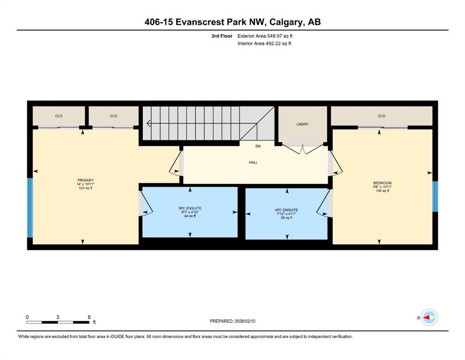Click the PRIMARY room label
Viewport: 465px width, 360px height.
(x=85, y=180)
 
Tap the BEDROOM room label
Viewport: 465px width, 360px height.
(x=382, y=183)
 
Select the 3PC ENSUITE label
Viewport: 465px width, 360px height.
(x=190, y=208)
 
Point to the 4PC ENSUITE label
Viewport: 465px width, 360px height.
(x=287, y=210)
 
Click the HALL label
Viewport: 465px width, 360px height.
(x=253, y=162)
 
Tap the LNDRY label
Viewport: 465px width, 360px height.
(x=303, y=124)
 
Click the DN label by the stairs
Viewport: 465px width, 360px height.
(x=258, y=146)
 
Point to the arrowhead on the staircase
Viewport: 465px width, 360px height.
(x=148, y=123)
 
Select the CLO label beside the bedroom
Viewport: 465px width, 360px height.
(x=382, y=116)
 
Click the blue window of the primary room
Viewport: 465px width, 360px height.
(x=30, y=208)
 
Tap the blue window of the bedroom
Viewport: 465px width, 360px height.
(x=435, y=196)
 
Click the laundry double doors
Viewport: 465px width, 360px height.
(x=303, y=149)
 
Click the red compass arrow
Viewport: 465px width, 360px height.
(x=427, y=317)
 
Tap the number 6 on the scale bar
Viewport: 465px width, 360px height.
(x=89, y=317)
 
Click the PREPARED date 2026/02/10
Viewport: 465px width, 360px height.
(x=245, y=321)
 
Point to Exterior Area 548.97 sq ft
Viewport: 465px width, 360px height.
(x=265, y=36)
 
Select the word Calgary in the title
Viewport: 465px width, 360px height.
(x=286, y=22)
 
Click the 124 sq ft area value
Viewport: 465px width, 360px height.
(x=85, y=188)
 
